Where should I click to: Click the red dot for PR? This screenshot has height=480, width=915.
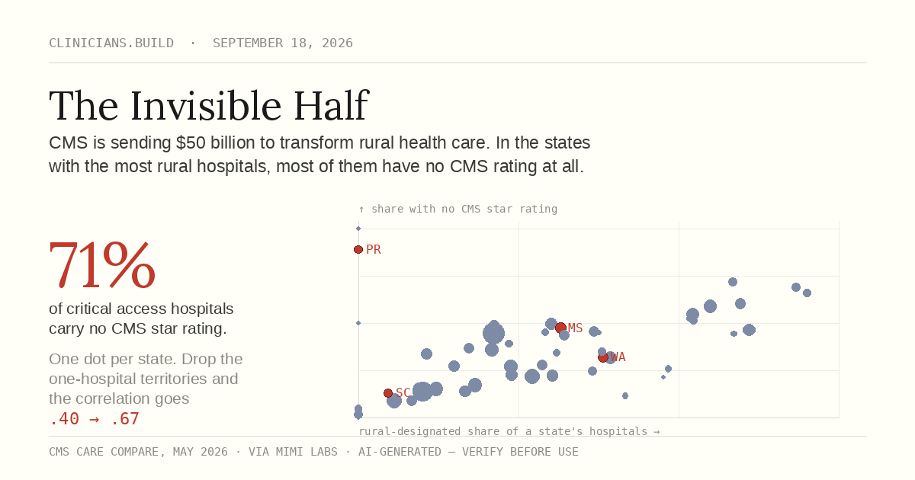358,249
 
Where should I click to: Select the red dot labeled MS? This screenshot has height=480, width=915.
560,328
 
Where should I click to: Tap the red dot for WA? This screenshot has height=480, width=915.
603,357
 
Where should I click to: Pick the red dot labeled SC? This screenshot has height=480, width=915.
388,393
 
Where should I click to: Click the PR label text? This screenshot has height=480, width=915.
374,249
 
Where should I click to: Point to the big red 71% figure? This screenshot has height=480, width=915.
102,265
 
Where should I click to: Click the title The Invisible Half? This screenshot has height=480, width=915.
209,106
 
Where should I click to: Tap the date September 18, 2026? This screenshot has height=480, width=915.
283,43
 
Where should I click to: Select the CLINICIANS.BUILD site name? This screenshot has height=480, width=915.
111,43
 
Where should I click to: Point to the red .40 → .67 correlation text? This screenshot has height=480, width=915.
94,419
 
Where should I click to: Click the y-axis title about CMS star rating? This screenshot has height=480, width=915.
458,209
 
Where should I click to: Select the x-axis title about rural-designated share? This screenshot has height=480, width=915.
509,431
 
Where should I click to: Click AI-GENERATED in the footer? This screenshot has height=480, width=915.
400,452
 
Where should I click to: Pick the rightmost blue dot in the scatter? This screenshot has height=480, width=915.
807,293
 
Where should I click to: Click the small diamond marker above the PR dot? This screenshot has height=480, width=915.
358,229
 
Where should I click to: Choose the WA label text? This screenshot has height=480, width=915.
618,357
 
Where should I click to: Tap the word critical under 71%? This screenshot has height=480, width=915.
88,309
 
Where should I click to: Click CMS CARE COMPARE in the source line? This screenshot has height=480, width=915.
104,452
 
